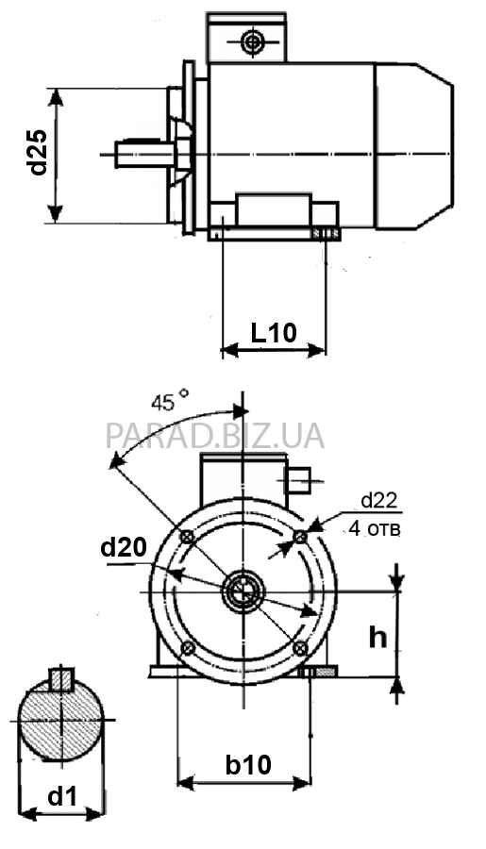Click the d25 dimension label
pos(38,153)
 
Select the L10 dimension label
pos(274,332)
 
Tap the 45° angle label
pos(170,401)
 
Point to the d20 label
pos(124,548)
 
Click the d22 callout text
pos(379,501)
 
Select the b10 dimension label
pos(248,765)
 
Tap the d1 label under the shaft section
pos(63,796)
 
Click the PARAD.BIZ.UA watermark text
pos(215,436)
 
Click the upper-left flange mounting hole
pos(187,537)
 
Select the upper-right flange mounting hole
pos(300,537)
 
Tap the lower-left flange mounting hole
pos(188,647)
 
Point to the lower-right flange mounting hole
pos(299,647)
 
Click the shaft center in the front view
pos(243,592)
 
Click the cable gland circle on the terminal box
pos(253,41)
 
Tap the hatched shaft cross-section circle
pos(60,720)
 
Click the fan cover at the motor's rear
pos(414,145)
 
